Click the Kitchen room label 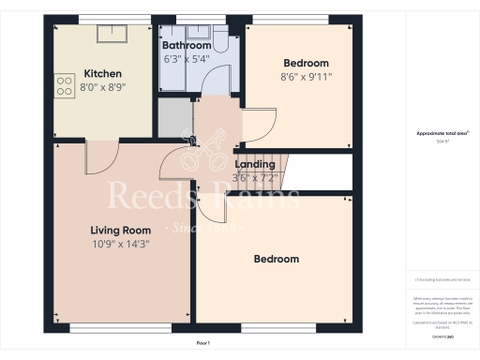[102, 74]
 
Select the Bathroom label [186, 45]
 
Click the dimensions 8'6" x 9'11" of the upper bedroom [307, 77]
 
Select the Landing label [253, 164]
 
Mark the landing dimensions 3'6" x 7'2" [255, 177]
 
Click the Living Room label [121, 230]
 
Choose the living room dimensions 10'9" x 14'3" [120, 244]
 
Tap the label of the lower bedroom [277, 259]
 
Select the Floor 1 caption [202, 344]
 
